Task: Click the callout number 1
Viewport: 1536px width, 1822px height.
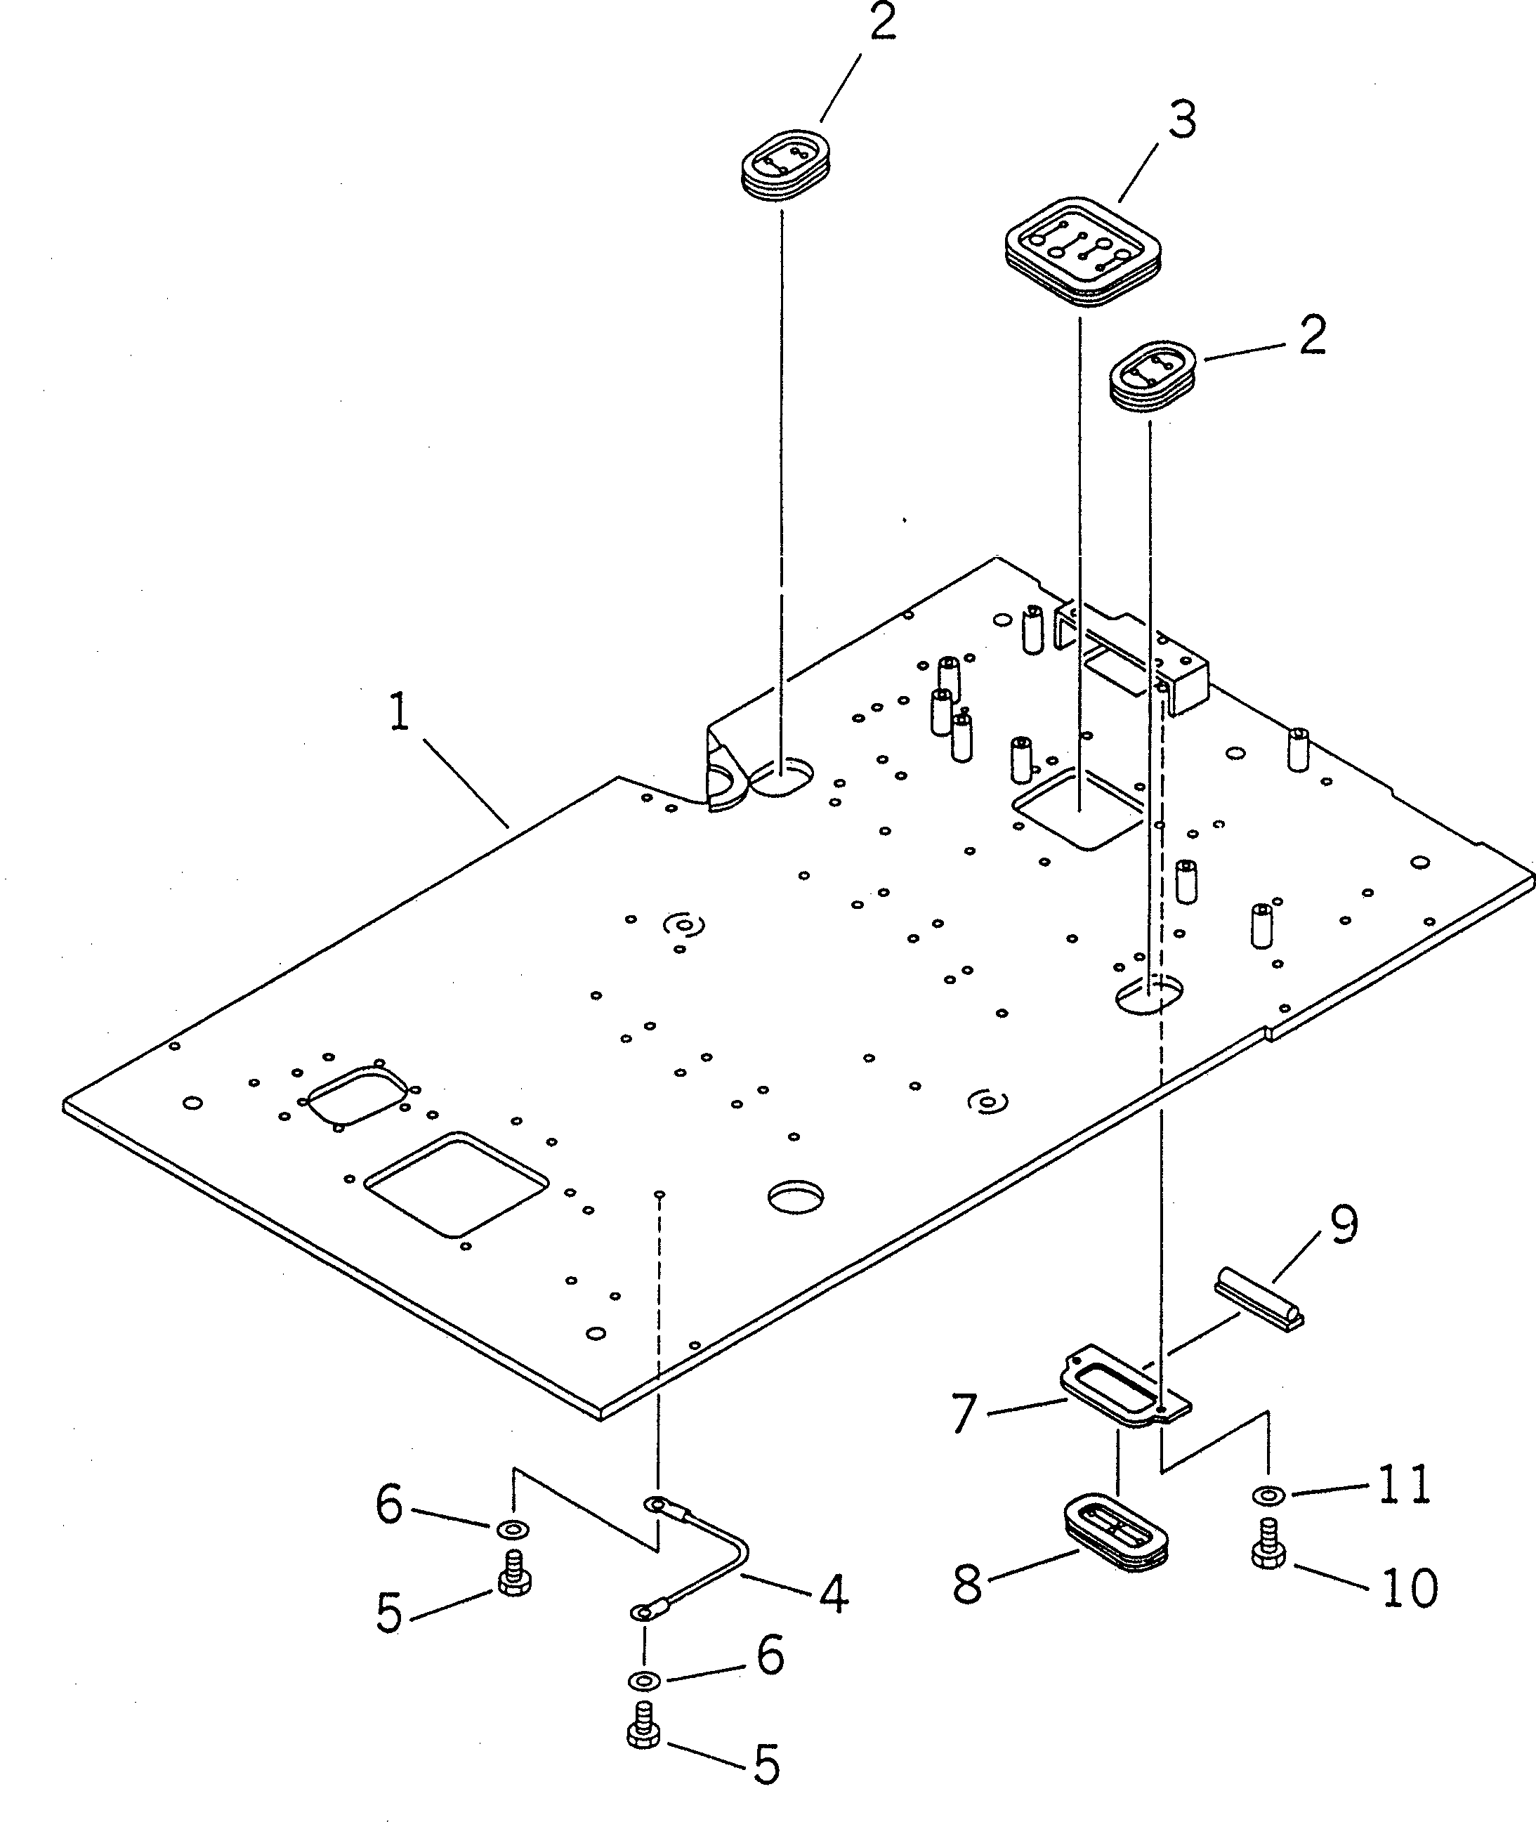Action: (398, 712)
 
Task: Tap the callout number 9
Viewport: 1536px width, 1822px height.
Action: (1343, 1226)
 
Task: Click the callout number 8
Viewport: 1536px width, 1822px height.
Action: (967, 1584)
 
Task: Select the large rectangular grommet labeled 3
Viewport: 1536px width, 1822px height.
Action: (1082, 250)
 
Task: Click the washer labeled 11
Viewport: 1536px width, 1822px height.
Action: (1268, 1496)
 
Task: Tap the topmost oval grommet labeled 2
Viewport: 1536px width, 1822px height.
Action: (785, 164)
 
